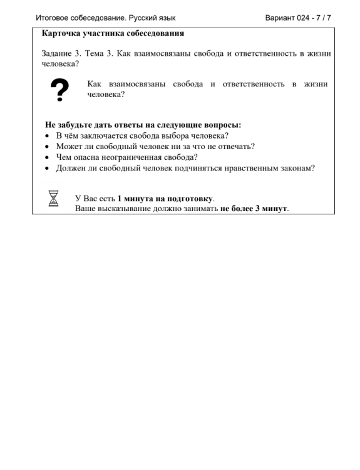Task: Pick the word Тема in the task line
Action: click(x=98, y=53)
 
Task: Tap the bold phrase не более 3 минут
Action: click(x=254, y=209)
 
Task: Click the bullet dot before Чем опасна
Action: click(x=48, y=158)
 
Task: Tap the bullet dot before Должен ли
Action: click(x=48, y=169)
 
